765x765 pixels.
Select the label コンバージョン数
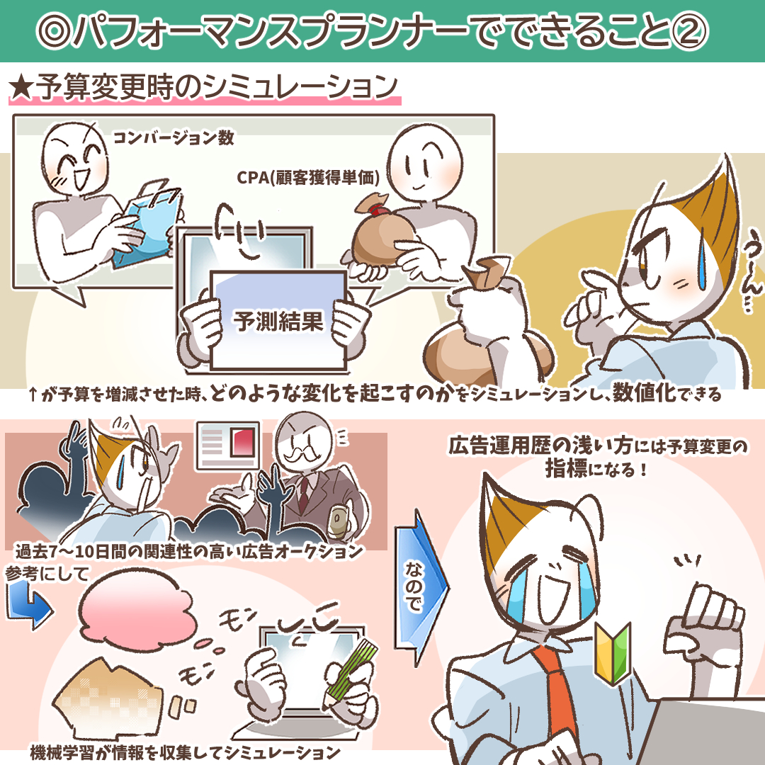(x=174, y=138)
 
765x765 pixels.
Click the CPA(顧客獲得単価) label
(x=308, y=178)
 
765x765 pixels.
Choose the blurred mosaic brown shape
(x=108, y=698)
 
